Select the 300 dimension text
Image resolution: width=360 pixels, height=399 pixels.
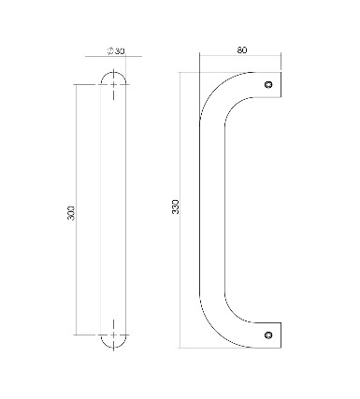pyautogui.click(x=72, y=212)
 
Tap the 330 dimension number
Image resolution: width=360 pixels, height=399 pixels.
pyautogui.click(x=176, y=207)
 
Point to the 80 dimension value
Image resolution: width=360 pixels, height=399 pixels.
pyautogui.click(x=241, y=50)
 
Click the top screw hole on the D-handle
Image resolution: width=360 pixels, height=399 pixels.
pyautogui.click(x=271, y=84)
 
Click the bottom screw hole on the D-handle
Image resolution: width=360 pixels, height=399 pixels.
pyautogui.click(x=271, y=333)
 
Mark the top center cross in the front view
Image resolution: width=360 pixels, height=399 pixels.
pyautogui.click(x=114, y=85)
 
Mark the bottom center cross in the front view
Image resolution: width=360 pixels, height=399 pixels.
pyautogui.click(x=114, y=334)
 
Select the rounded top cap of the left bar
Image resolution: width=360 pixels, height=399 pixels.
pyautogui.click(x=114, y=74)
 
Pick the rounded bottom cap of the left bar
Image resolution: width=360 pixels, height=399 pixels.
pyautogui.click(x=114, y=345)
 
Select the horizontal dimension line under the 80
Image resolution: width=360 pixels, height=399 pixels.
pyautogui.click(x=241, y=58)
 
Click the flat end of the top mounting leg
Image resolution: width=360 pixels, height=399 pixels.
pyautogui.click(x=282, y=84)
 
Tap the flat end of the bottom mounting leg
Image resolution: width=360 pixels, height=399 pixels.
pyautogui.click(x=282, y=334)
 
